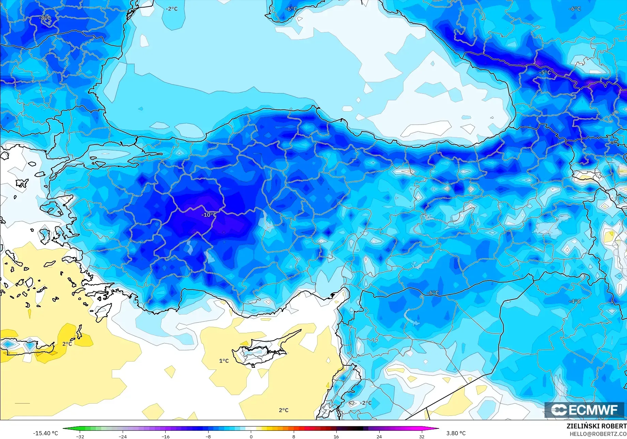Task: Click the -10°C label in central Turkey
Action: (x=209, y=215)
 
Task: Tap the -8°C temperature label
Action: (x=45, y=18)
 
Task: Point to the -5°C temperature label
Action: (x=545, y=73)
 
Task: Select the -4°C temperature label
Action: (x=575, y=301)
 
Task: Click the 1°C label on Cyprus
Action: (x=224, y=361)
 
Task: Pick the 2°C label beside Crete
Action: (x=67, y=344)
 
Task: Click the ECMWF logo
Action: (x=584, y=410)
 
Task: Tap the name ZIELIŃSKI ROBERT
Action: (x=596, y=426)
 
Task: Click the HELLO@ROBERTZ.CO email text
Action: (x=598, y=434)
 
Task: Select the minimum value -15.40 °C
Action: (x=45, y=433)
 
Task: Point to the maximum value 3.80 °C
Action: (x=456, y=433)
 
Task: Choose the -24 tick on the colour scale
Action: (x=123, y=436)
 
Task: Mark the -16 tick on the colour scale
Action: (x=165, y=436)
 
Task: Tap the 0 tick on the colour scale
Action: (x=251, y=436)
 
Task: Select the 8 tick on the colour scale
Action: (x=294, y=436)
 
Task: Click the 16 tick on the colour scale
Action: (x=336, y=436)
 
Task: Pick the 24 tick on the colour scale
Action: (x=379, y=436)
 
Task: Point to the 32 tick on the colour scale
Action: (x=422, y=436)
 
